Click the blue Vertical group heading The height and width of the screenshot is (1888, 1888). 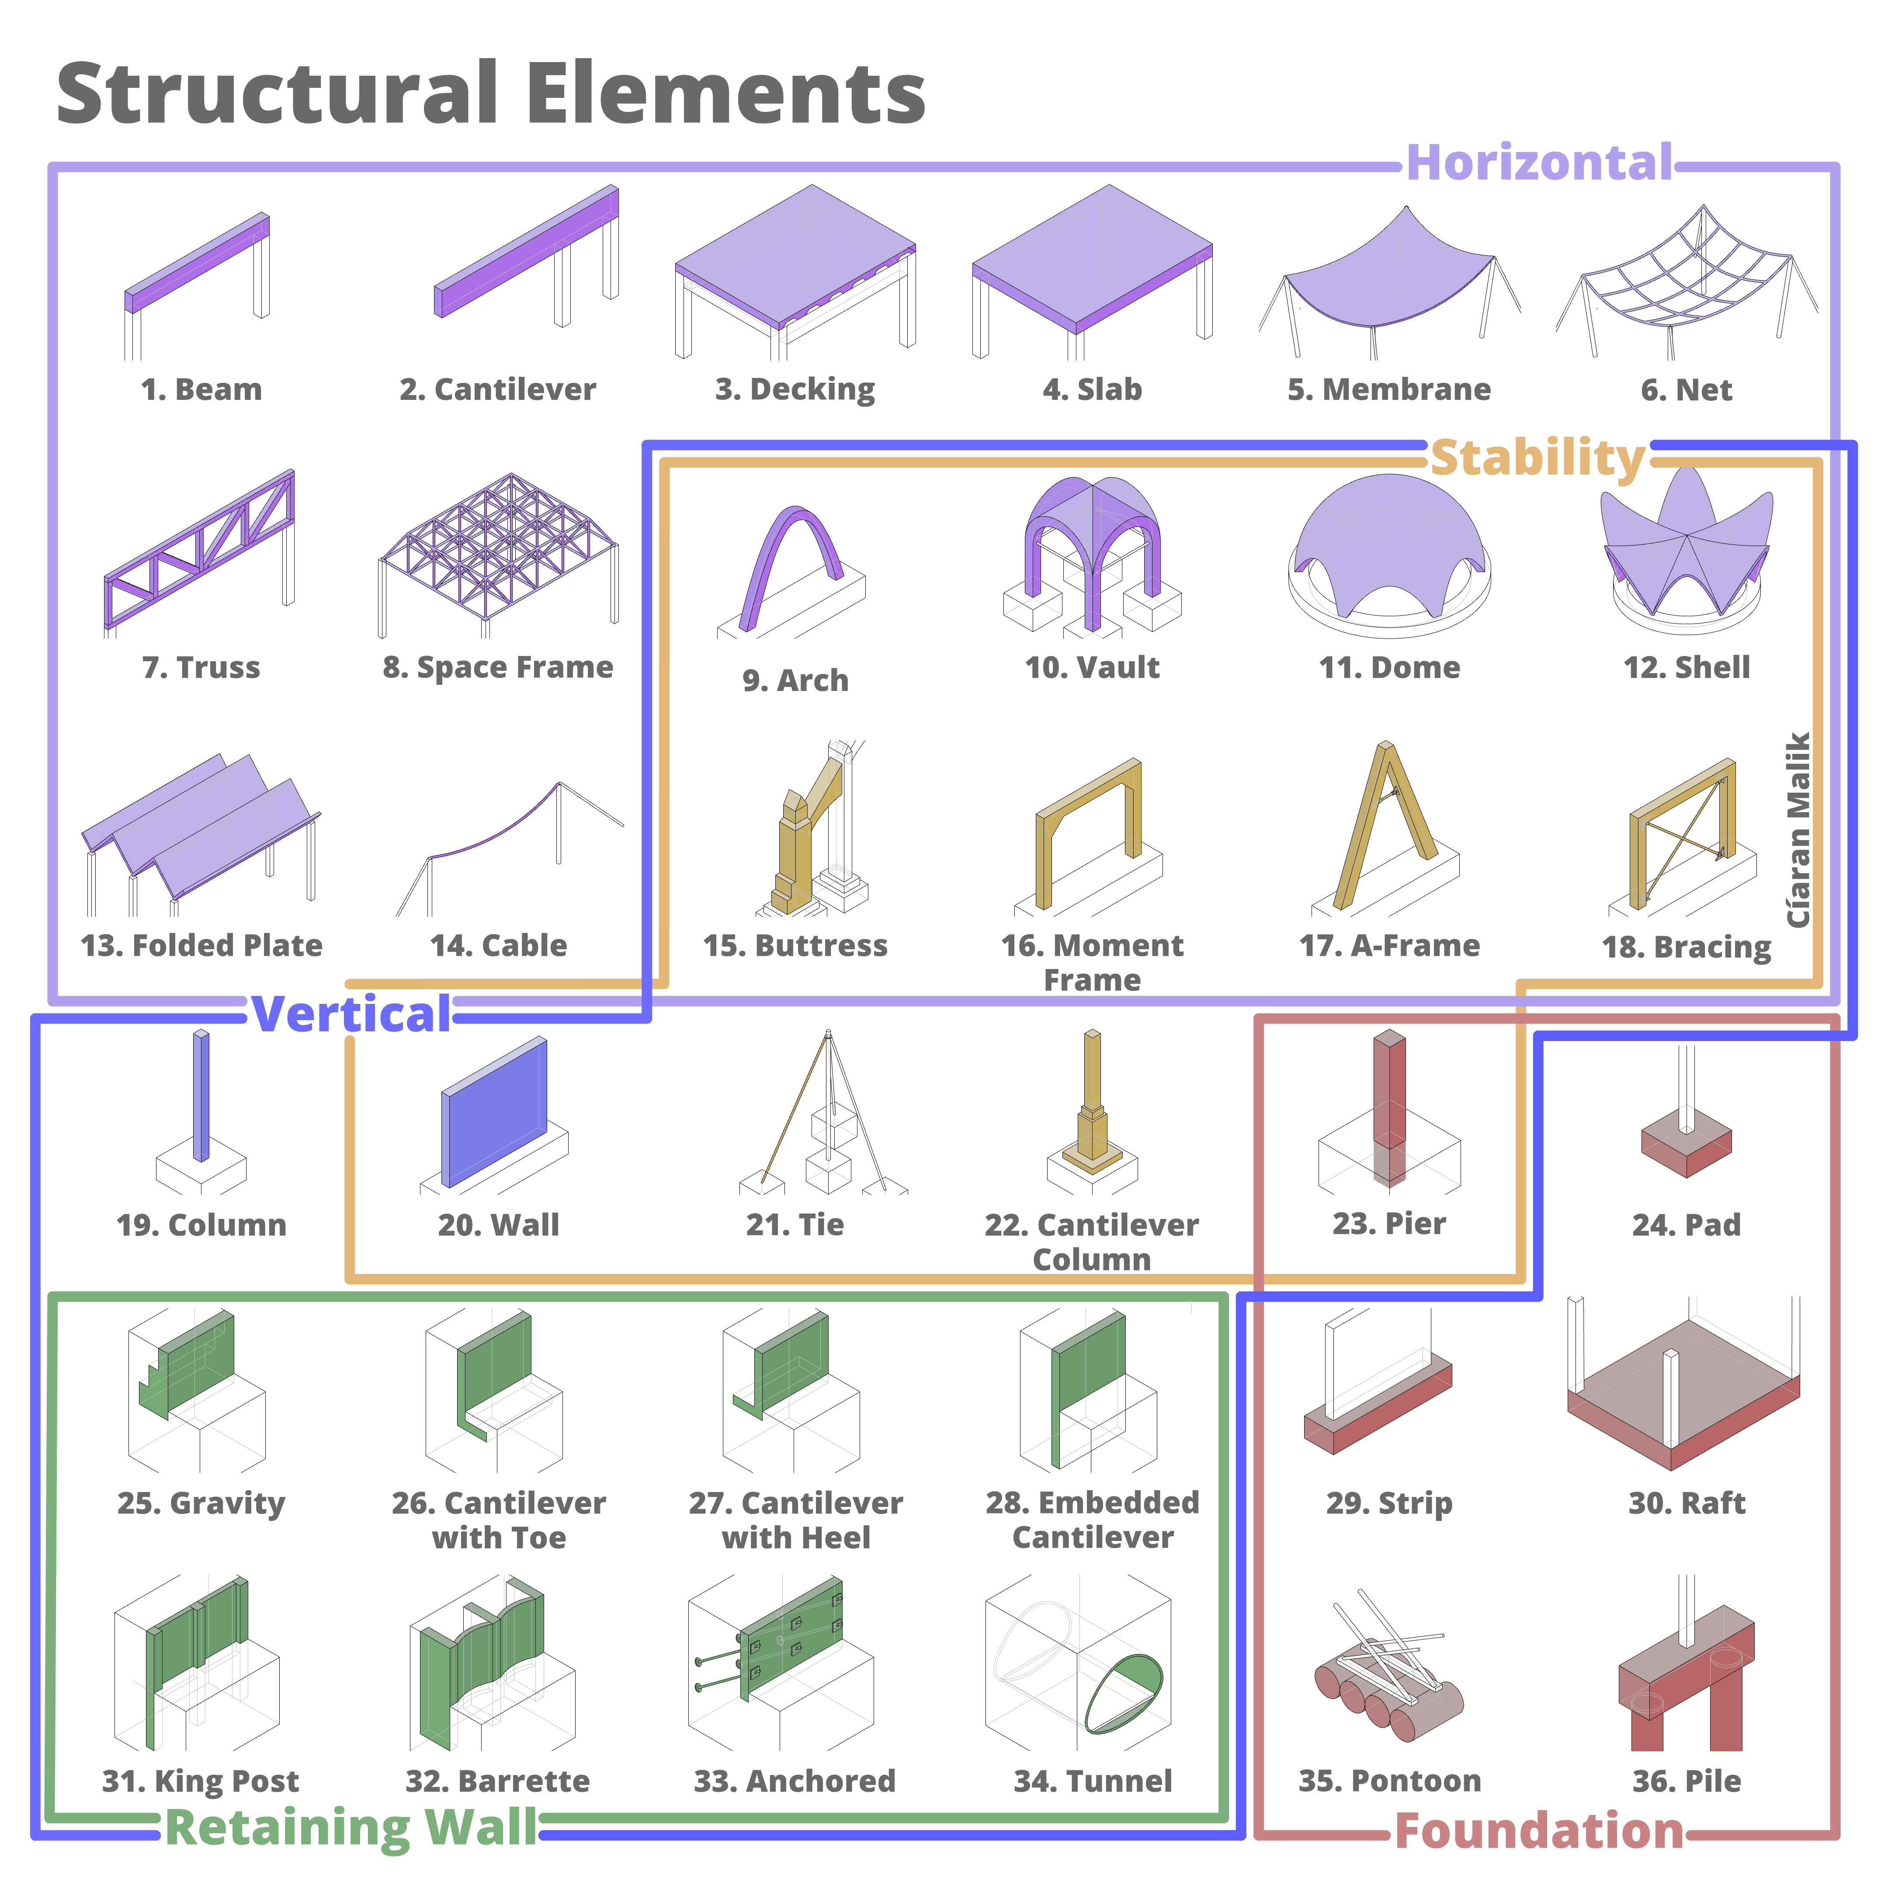(x=352, y=1014)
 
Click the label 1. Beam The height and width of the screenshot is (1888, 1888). (x=201, y=390)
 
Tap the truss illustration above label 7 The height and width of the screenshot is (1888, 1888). (x=200, y=552)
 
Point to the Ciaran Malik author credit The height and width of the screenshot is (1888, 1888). (x=1798, y=831)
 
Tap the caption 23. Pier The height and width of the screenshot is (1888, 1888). (x=1388, y=1224)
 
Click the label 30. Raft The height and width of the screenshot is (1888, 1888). (x=1686, y=1503)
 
